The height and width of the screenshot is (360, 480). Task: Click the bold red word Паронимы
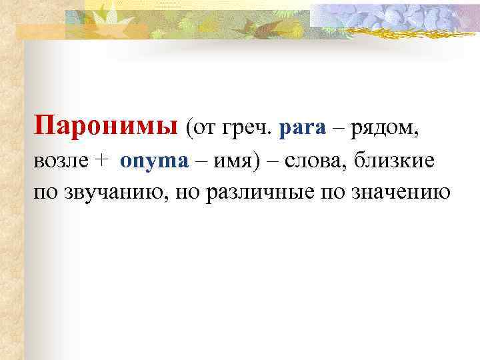click(105, 125)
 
